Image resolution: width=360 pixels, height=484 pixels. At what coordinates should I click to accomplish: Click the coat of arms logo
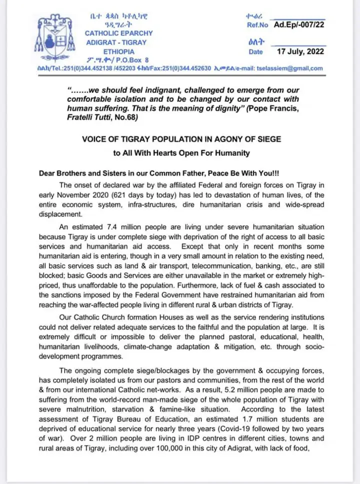tap(52, 35)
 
